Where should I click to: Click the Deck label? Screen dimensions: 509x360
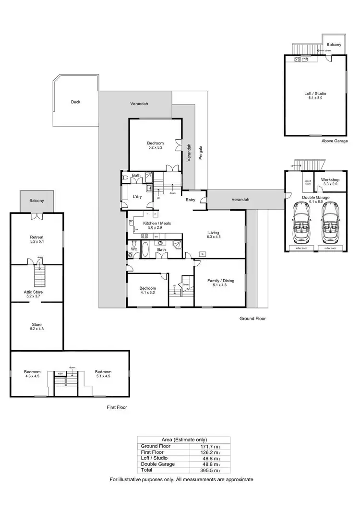coord(75,102)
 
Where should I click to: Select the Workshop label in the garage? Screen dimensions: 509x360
coord(330,180)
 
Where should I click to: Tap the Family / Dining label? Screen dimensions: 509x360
coord(221,281)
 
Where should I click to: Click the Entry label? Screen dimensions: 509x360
coord(191,200)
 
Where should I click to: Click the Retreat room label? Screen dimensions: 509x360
coord(37,237)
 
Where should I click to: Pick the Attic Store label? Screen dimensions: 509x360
coord(37,292)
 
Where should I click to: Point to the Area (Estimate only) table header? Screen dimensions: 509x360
coord(183,439)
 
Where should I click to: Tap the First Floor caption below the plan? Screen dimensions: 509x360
coord(118,407)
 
